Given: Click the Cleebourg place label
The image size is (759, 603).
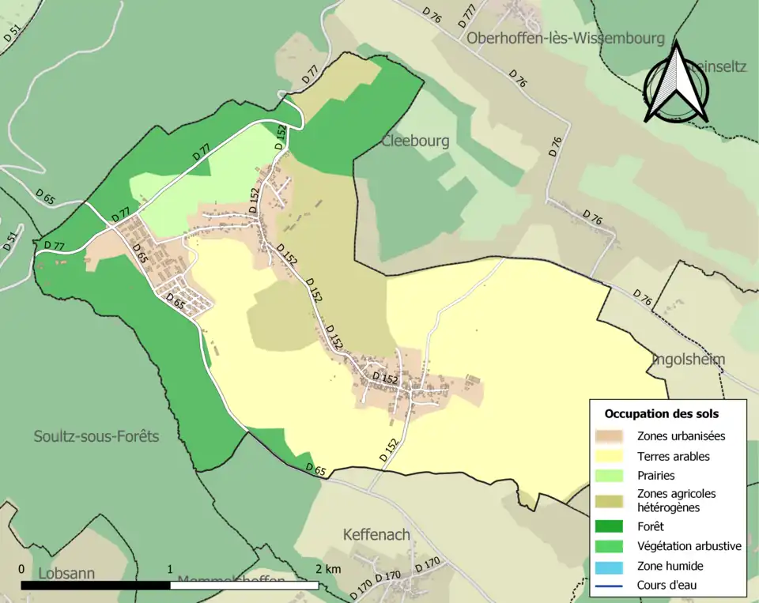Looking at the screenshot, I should (x=415, y=141).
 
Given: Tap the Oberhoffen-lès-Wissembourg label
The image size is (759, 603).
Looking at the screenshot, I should (x=565, y=38).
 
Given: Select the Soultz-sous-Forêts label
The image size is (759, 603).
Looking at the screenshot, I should (x=96, y=436).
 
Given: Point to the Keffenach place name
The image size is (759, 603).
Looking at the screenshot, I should (x=376, y=535).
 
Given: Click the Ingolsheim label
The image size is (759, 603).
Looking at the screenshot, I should (x=688, y=360).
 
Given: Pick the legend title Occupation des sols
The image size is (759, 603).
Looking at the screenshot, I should (x=662, y=413).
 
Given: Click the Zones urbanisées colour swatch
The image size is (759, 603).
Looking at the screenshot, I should (x=611, y=436).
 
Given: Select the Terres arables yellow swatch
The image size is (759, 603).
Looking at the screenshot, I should (x=611, y=456).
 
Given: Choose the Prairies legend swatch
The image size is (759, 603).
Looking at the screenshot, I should (x=611, y=477).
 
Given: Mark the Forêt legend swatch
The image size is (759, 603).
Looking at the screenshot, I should (x=611, y=526).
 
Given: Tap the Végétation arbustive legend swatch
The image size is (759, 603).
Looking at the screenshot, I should (x=611, y=546).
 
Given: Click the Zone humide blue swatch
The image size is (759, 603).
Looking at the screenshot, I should (x=611, y=566).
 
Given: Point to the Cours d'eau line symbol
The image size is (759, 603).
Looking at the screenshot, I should (x=611, y=586).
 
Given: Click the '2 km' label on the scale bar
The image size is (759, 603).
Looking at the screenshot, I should (x=327, y=569).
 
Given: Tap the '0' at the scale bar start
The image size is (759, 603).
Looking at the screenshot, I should (x=21, y=569).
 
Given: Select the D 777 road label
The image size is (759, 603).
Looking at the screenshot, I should (x=468, y=16).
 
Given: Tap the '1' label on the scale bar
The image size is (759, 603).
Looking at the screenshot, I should (x=170, y=569).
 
